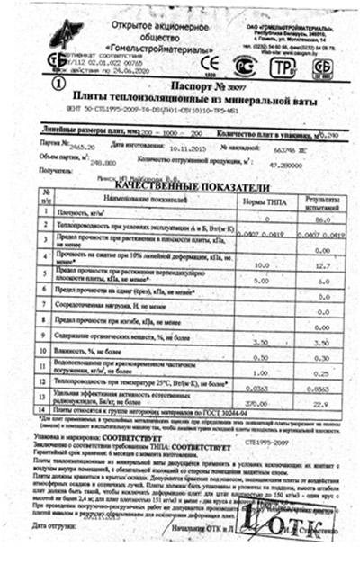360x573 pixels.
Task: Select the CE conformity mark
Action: coord(209,63)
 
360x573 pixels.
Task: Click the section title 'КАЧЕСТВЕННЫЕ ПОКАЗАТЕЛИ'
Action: coord(184,184)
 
